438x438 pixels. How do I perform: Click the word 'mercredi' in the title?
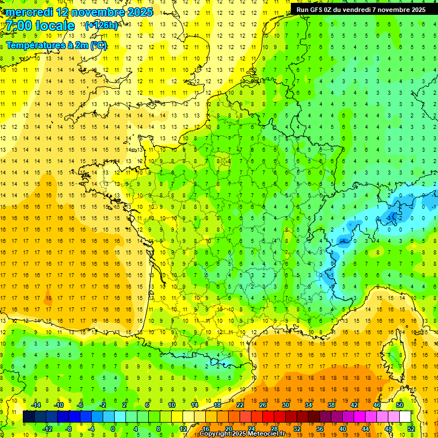29,12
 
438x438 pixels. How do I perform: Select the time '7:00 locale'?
40,26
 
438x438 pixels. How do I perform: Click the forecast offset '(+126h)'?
101,26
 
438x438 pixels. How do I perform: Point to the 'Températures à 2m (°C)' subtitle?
56,46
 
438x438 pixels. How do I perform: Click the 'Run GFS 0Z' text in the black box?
315,10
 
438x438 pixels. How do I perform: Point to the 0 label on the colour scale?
113,428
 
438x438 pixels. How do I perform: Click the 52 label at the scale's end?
411,428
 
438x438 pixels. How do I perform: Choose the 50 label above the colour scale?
400,405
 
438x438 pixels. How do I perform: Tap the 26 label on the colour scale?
263,405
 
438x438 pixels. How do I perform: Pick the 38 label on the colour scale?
331,405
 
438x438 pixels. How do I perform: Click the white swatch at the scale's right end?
405,417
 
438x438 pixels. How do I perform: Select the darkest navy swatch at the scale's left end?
29,417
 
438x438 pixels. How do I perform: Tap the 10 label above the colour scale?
172,405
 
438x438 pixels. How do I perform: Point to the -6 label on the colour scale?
80,405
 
